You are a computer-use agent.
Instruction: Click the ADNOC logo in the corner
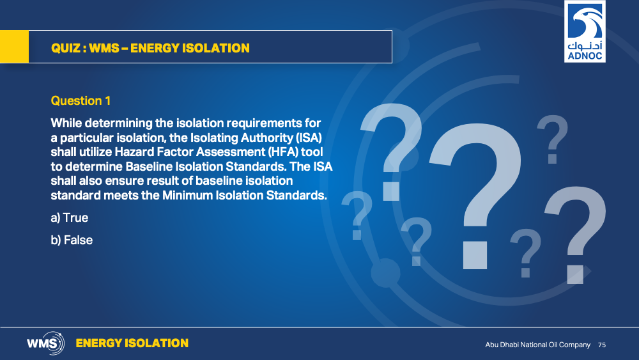(585, 31)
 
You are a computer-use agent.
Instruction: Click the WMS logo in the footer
(45, 343)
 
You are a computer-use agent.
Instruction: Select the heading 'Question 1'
(81, 100)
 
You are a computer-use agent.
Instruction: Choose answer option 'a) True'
(69, 217)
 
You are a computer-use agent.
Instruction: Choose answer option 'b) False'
(72, 240)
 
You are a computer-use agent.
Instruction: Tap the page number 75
(602, 345)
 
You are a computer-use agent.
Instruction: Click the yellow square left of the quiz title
(14, 47)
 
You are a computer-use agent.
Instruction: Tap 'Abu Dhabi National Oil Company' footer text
(537, 345)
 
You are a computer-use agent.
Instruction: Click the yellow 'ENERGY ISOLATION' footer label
(132, 343)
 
